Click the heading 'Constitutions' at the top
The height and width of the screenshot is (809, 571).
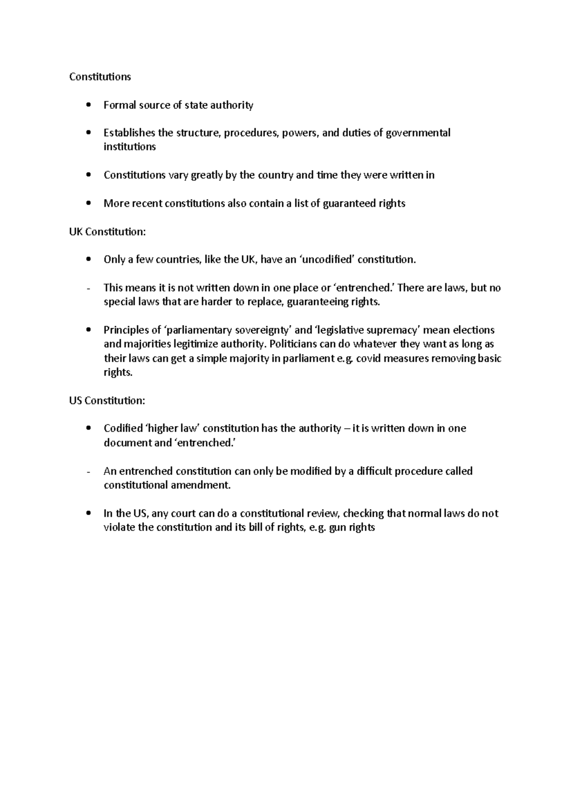(x=100, y=77)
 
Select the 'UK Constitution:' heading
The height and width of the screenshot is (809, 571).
(x=108, y=232)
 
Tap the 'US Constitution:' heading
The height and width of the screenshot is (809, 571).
(x=107, y=400)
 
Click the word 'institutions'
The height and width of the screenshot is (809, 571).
(x=129, y=147)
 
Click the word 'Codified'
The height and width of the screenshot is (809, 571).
(x=123, y=428)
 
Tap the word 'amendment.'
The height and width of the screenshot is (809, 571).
(x=203, y=485)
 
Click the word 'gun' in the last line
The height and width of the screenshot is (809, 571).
(x=338, y=527)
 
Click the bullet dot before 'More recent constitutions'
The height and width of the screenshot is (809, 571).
(x=88, y=203)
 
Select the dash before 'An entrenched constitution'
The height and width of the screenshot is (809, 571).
(x=89, y=472)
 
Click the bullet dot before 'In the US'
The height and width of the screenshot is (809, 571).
(x=88, y=514)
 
